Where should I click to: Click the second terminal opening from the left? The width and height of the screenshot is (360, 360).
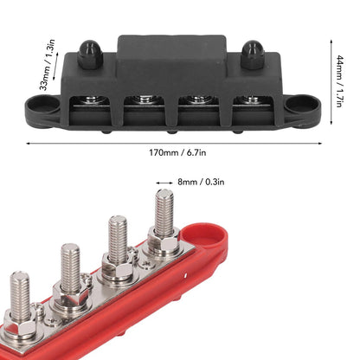(x=145, y=107)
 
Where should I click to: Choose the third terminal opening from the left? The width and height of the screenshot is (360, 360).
(x=196, y=108)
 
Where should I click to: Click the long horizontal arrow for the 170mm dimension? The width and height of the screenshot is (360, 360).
(x=179, y=139)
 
